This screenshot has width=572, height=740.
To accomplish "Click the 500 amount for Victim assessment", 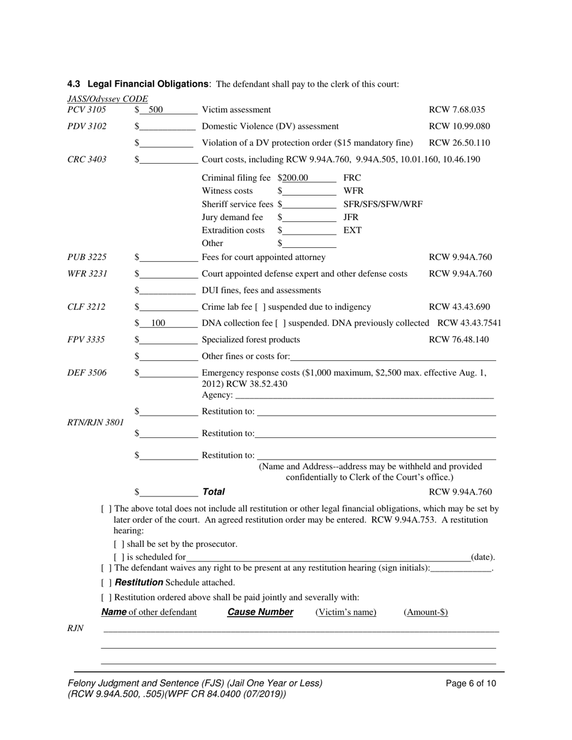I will point(156,109).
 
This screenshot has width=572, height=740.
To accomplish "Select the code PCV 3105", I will point(87,109).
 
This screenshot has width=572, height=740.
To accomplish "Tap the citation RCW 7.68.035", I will point(456,109).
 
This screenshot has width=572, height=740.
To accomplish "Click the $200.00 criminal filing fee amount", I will point(293,177).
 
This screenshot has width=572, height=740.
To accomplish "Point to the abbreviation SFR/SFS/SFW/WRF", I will point(382,204).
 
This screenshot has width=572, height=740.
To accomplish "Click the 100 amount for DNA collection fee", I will point(158,323).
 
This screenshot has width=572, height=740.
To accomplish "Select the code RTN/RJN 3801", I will point(95,422).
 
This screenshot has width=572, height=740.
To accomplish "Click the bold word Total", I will point(213,492).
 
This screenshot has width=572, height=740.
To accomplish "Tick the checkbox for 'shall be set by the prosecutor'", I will point(119,544).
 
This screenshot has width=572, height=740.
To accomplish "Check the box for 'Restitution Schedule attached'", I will point(107,582).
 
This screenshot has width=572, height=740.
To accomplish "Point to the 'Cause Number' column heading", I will point(260,612).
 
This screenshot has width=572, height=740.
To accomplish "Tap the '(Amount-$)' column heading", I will point(425,612).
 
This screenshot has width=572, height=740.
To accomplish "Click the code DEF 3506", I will point(87,373).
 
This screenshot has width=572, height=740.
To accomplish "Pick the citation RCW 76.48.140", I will point(458,339).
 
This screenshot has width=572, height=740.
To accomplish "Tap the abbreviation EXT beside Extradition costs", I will point(352,230).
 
